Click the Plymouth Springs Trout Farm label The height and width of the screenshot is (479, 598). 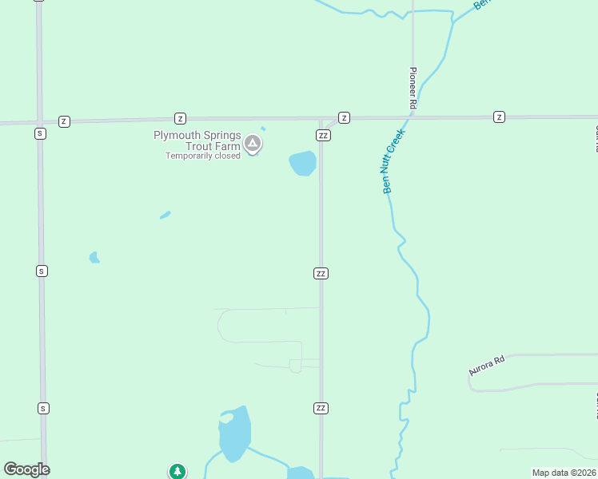pyautogui.click(x=197, y=141)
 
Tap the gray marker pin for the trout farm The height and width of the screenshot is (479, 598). pyautogui.click(x=253, y=144)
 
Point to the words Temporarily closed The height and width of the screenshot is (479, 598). pyautogui.click(x=203, y=156)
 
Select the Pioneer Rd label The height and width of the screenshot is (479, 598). pyautogui.click(x=413, y=88)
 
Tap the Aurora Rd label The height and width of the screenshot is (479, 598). pyautogui.click(x=487, y=366)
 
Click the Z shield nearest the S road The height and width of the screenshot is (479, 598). pyautogui.click(x=64, y=121)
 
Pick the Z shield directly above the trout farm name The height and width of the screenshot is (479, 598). pyautogui.click(x=180, y=118)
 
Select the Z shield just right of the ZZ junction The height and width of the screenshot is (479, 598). pyautogui.click(x=344, y=117)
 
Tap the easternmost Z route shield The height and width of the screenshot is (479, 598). pyautogui.click(x=499, y=117)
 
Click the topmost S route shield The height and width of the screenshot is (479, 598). pyautogui.click(x=39, y=133)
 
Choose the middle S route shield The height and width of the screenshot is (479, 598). pyautogui.click(x=41, y=271)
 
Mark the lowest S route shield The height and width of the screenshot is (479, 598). pyautogui.click(x=43, y=408)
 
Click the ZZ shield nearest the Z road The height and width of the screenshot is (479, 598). pyautogui.click(x=323, y=135)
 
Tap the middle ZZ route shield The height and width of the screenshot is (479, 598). pyautogui.click(x=321, y=273)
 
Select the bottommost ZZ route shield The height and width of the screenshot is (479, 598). pyautogui.click(x=321, y=408)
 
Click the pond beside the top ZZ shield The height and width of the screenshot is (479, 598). pyautogui.click(x=303, y=163)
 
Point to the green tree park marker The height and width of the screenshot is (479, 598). pyautogui.click(x=177, y=472)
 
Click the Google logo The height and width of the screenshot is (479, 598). pyautogui.click(x=26, y=469)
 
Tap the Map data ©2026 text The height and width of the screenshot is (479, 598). pyautogui.click(x=564, y=473)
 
